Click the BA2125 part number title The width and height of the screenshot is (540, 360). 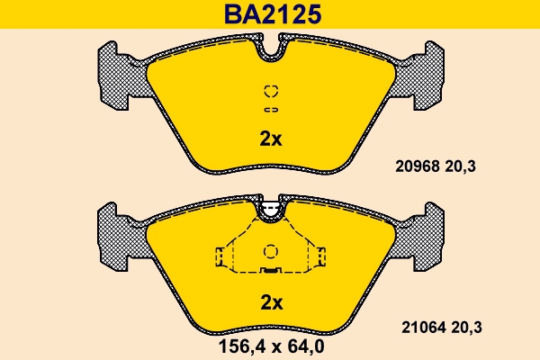coord(270,14)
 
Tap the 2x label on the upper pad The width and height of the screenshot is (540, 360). coord(271,139)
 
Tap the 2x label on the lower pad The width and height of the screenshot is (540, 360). coord(271,301)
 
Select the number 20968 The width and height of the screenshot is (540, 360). coord(415,166)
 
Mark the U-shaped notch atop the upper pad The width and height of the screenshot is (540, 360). coord(270,49)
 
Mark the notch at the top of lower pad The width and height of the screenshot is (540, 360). coord(270,211)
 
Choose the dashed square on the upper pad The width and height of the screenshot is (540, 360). coord(270,91)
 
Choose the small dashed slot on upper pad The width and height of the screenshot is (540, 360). coord(270,110)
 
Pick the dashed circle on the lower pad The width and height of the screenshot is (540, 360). coord(270,252)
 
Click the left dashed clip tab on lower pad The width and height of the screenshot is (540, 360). coord(220,256)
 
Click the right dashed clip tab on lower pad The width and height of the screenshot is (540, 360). coord(319,256)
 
